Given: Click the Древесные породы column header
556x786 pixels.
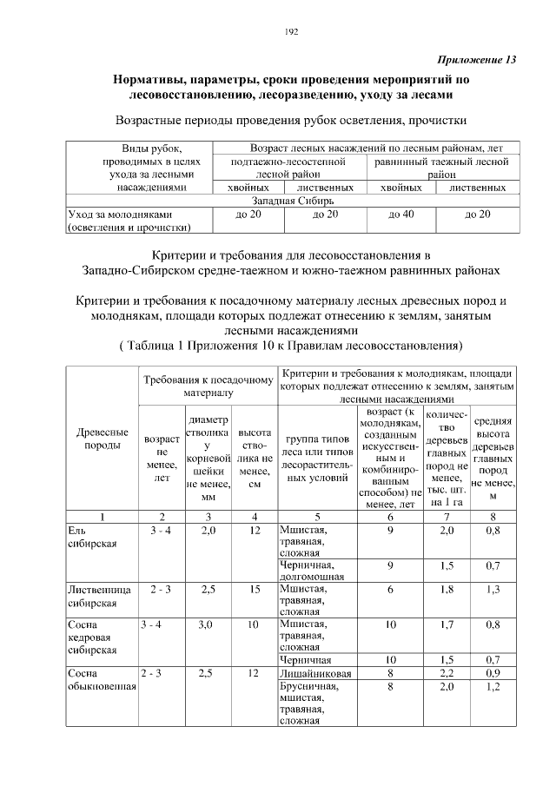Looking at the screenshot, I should (x=103, y=439).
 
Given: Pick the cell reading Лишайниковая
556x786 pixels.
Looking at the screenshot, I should (x=314, y=673).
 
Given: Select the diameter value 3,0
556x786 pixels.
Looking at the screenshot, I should (x=207, y=624).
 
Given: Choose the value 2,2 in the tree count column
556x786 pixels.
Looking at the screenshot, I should (x=447, y=673).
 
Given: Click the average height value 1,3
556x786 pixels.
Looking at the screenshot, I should (x=493, y=590).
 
